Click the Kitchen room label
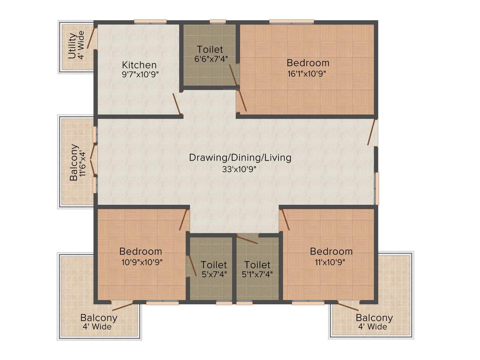coord(139,65)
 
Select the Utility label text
coord(72,45)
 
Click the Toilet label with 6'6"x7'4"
coord(210,49)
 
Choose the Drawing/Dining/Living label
coord(240,157)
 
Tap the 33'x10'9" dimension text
coord(240,169)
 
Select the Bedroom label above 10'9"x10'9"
coord(141,251)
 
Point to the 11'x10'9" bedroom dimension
coord(331,262)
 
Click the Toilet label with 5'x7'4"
coord(214,265)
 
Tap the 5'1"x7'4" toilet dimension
coord(257,275)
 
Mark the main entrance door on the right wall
coord(372,132)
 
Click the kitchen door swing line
coord(177,104)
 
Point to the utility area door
coord(91,37)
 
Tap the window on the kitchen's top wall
coord(150,21)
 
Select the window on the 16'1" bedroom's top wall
coord(292,21)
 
